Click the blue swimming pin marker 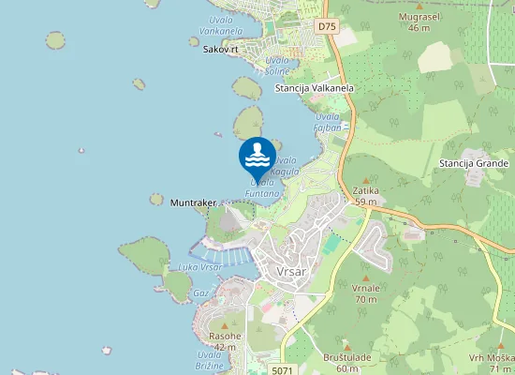257,156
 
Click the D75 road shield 326,26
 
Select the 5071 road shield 283,371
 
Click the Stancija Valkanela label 315,88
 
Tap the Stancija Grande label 473,163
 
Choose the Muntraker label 194,202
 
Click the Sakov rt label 220,49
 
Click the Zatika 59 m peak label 365,196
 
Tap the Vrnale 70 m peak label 366,293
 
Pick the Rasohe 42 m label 225,341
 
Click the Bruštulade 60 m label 354,363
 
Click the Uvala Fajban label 328,121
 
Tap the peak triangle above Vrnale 366,277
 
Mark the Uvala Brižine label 210,360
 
